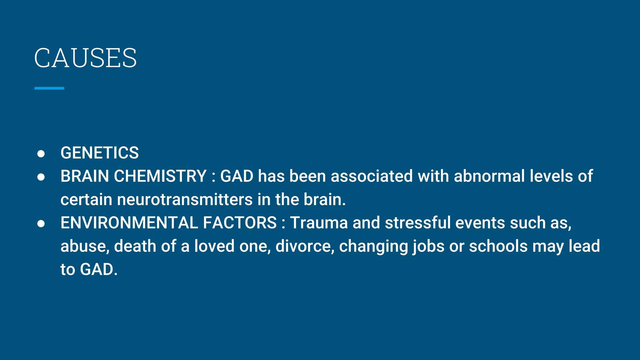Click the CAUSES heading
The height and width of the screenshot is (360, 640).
pos(85,58)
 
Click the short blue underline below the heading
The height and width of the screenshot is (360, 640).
pos(49,88)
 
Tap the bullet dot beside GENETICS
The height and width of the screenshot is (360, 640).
pos(41,153)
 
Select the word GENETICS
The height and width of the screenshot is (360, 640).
pos(99,153)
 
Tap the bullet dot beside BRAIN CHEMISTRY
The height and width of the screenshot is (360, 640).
pos(41,177)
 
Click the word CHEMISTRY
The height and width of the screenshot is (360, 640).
pos(160,176)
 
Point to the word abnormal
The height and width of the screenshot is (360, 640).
pos(489,176)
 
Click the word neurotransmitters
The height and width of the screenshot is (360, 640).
pos(185,199)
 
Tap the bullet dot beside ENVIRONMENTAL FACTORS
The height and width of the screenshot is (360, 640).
pos(41,223)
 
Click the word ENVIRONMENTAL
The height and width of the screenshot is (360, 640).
pos(129,223)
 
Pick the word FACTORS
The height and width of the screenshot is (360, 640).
pos(240,223)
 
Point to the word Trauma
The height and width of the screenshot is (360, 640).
pos(319,223)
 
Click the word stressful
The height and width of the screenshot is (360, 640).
pos(417,223)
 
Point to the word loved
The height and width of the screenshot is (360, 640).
pos(214,246)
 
